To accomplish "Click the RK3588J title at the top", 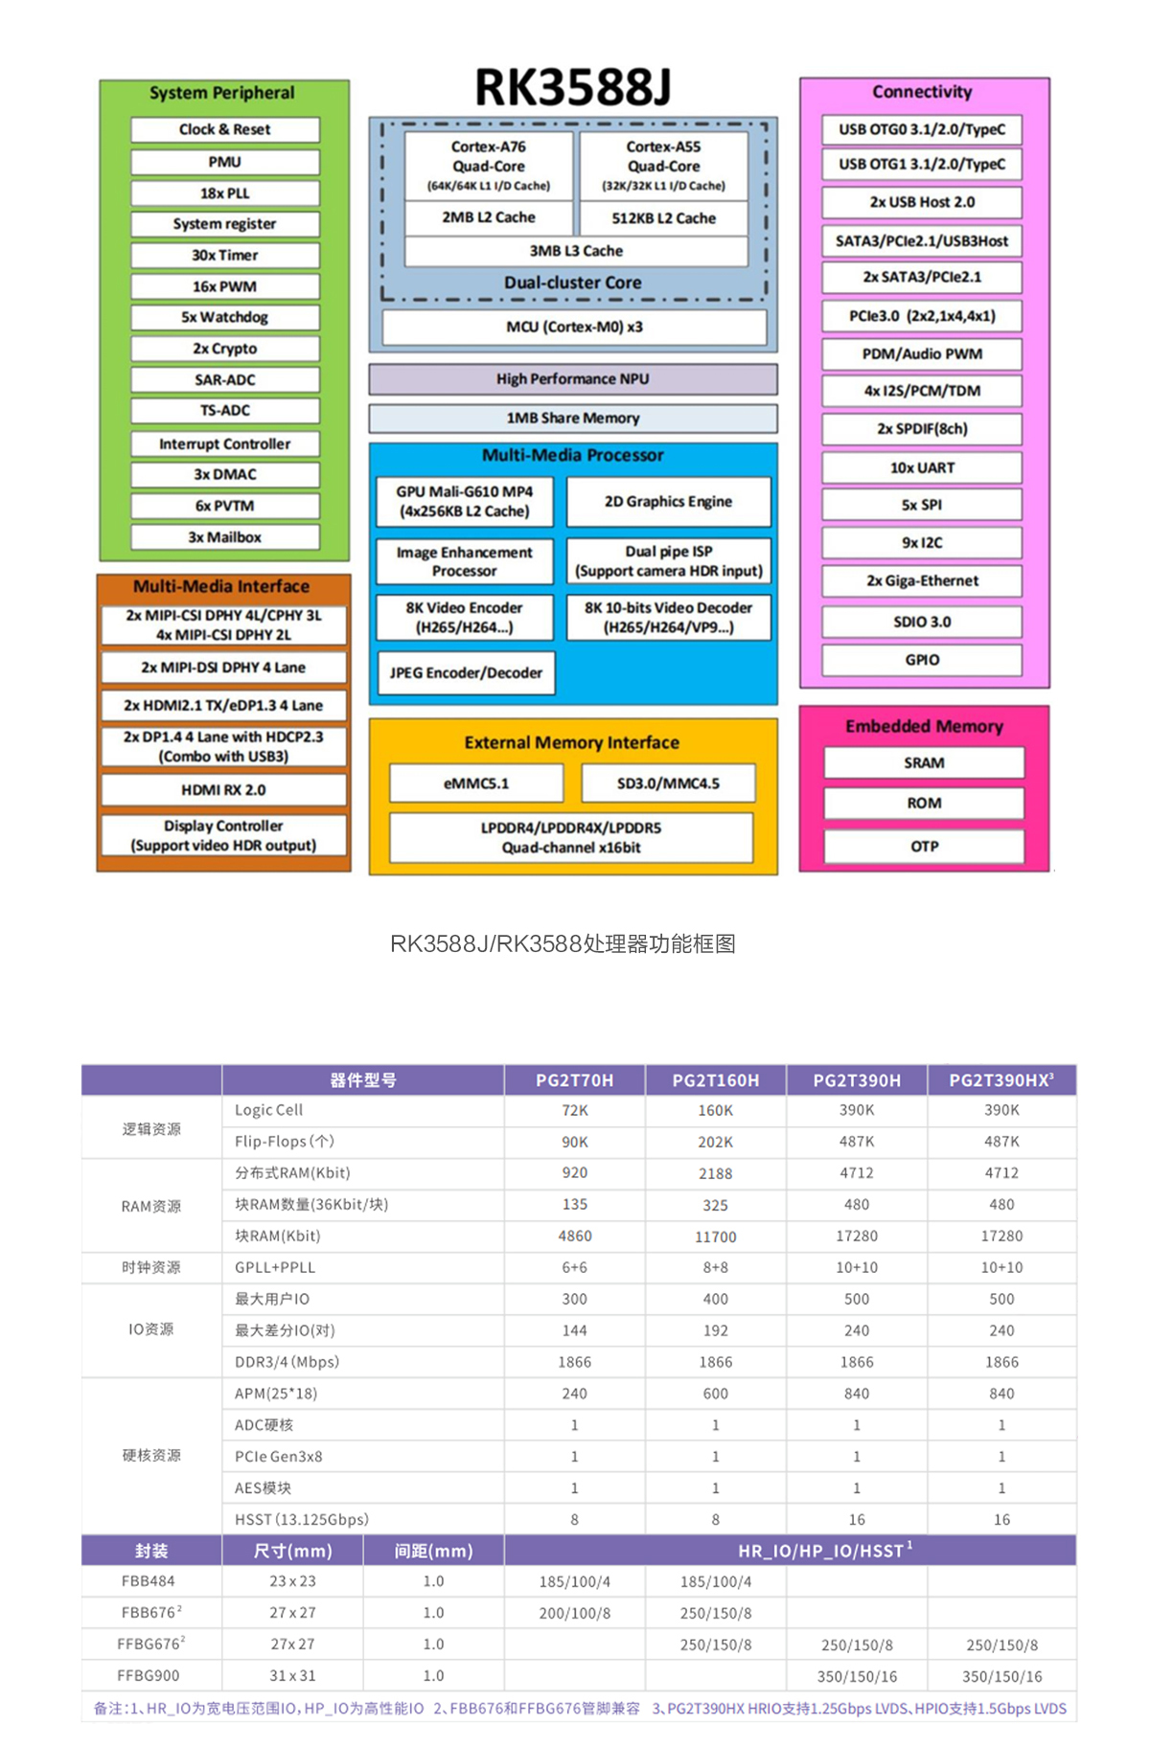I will point(573,87).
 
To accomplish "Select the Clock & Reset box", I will point(224,129).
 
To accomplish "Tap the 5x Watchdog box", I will point(224,317).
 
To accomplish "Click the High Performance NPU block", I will point(572,379).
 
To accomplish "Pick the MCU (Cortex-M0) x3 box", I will point(574,327).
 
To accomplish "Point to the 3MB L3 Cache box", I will point(576,251).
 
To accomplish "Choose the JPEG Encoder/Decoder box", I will point(466,672).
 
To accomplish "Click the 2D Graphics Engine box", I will point(668,501).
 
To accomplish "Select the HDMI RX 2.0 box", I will point(223,790).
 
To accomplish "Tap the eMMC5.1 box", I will point(476,783).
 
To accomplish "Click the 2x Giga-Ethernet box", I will point(922,580).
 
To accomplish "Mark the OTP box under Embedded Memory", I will point(924,847).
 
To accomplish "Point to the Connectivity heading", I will point(922,92).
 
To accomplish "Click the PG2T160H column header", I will point(715,1080).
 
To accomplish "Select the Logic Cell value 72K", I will point(575,1110).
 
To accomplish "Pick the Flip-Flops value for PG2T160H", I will point(715,1142).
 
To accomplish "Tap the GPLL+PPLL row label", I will point(275,1267).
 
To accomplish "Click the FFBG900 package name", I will point(149,1675).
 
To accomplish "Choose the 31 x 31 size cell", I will point(292,1675).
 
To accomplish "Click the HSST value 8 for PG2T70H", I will point(575,1519).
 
